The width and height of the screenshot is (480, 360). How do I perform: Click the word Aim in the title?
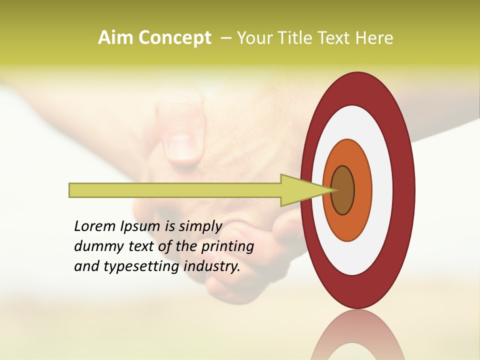[115, 38]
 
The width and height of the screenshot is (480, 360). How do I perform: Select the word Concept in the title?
[174, 38]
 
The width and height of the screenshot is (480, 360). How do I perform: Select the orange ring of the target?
[363, 190]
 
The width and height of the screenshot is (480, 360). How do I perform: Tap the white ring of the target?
[382, 190]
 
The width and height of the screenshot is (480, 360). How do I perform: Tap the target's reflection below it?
[357, 337]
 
